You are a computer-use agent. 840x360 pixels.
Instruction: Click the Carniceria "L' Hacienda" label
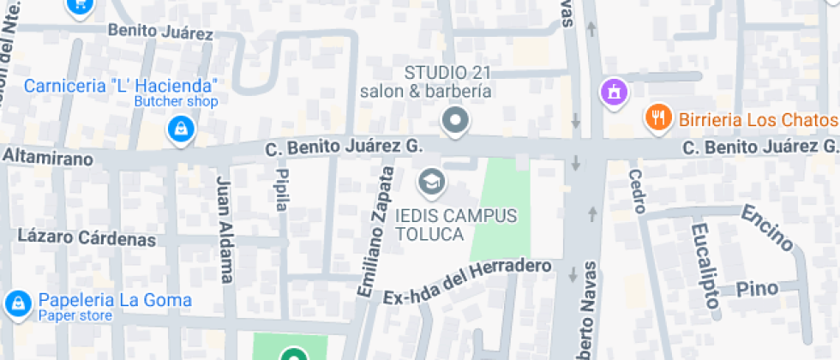(120, 86)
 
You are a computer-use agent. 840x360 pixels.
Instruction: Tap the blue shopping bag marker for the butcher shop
(182, 130)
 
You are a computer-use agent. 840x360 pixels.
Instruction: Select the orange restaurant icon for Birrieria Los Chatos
(658, 118)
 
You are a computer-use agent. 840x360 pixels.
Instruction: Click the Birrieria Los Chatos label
(758, 119)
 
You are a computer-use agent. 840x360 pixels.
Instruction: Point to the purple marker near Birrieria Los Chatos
(614, 91)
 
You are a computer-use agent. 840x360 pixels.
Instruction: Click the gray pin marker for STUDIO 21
(455, 120)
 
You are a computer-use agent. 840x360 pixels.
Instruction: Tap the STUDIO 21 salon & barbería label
(426, 81)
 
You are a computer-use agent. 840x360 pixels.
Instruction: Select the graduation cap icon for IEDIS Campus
(431, 181)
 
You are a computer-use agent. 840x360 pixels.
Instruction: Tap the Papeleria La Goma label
(113, 301)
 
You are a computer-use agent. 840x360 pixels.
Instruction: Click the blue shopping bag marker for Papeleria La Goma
(16, 303)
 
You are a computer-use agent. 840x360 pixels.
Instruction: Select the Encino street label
(768, 228)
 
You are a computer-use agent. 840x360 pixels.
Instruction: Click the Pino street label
(761, 287)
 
